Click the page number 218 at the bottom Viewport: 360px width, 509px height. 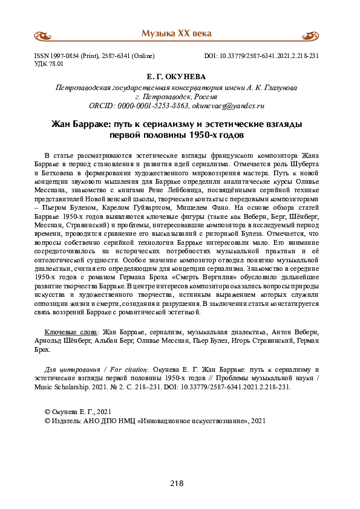click(x=177, y=483)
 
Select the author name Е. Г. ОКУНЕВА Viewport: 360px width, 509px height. click(x=177, y=78)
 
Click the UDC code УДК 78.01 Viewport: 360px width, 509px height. click(x=53, y=63)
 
